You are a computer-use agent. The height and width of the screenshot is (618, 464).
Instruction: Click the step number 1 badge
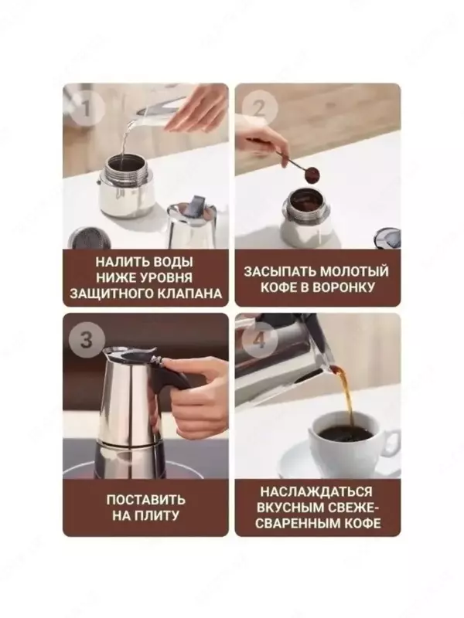[x=87, y=107]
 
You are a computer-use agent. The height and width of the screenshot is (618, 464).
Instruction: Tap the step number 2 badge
[x=258, y=107]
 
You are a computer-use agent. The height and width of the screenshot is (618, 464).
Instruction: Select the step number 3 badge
[x=87, y=339]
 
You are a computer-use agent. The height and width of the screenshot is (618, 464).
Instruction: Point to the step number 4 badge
[x=258, y=339]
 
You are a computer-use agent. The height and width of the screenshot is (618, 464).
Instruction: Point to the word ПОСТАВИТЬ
[x=145, y=499]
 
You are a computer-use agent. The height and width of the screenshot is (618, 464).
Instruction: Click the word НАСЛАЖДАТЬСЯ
[x=316, y=491]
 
